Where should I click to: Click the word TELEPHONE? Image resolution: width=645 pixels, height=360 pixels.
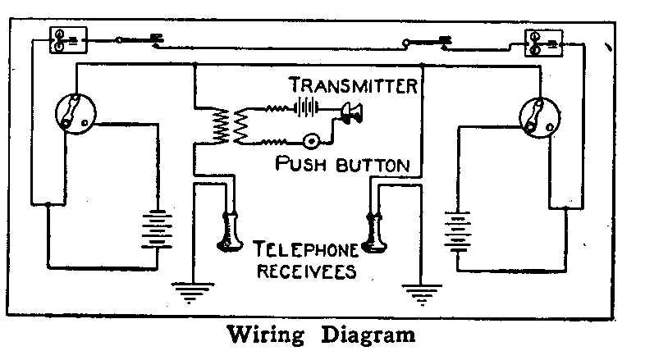[x=306, y=247]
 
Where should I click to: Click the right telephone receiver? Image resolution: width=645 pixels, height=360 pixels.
[x=375, y=234]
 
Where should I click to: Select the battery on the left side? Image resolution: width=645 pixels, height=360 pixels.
[x=153, y=232]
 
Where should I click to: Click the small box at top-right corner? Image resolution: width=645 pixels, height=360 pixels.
[x=543, y=43]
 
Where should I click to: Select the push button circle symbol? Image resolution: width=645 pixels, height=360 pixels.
[x=312, y=141]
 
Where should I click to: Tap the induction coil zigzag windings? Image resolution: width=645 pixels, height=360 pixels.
[x=229, y=126]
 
